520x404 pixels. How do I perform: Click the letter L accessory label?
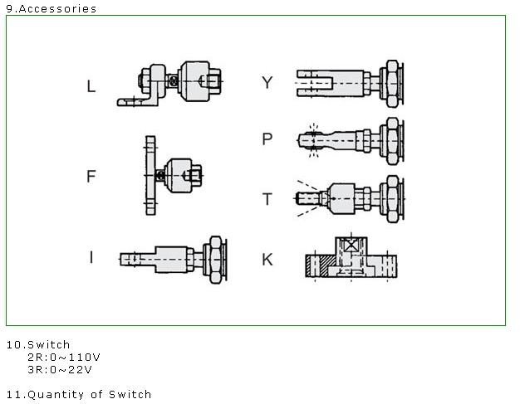(91, 86)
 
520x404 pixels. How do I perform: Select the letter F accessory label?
(91, 176)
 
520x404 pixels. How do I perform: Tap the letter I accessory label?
(91, 257)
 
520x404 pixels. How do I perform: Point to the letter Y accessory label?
(267, 82)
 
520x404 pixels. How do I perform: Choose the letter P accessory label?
(267, 139)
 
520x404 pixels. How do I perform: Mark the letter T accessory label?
(267, 199)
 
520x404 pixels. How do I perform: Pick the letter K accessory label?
(267, 260)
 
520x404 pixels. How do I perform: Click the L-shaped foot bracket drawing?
(169, 84)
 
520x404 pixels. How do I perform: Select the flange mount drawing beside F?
(174, 176)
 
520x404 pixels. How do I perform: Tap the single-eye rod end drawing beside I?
(173, 260)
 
